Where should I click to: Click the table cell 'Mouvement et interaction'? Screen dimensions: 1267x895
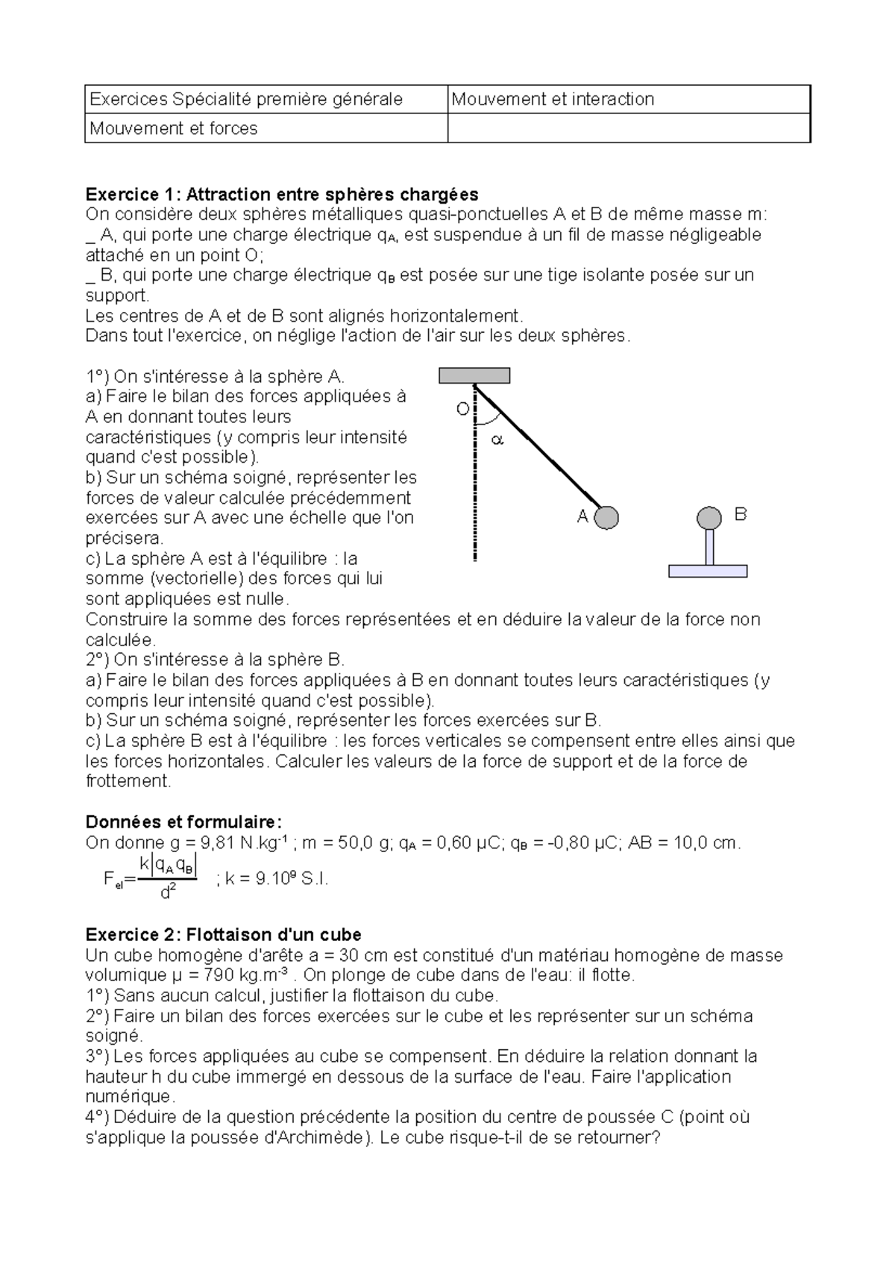coord(553,99)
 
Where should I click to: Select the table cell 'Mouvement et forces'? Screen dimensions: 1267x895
coord(173,128)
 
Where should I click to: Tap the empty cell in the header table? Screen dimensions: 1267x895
coord(628,128)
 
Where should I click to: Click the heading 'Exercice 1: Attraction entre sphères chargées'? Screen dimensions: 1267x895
coord(282,195)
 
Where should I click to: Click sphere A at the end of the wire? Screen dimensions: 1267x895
coord(607,517)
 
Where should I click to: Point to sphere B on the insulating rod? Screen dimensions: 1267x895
coord(709,516)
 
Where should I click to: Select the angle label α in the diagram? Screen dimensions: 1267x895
coord(497,440)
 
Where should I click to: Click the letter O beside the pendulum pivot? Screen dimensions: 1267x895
coord(462,409)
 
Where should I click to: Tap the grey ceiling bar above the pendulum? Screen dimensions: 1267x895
coord(474,375)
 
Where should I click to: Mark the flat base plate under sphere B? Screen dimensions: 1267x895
coord(707,572)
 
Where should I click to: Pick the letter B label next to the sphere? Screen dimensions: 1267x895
coord(740,514)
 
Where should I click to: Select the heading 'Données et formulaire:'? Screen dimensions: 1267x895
coord(184,822)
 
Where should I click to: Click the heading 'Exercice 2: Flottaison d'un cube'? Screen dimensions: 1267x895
coord(224,934)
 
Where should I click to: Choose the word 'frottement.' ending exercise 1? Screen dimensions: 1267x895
coord(128,781)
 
